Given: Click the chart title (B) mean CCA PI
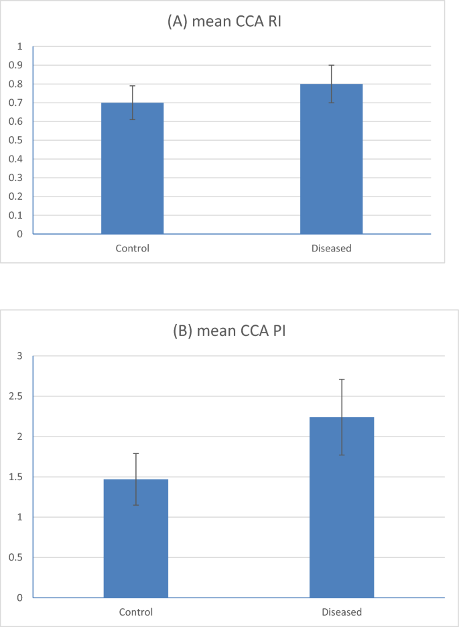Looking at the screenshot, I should click(229, 331).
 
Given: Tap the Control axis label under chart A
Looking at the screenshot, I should click(132, 249).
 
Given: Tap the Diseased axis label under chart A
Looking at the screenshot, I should click(331, 249).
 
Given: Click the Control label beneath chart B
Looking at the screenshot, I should click(136, 612).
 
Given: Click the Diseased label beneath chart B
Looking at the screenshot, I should click(342, 612).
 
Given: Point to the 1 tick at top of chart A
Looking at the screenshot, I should click(20, 46).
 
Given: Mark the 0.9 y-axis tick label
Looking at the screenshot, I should click(16, 65).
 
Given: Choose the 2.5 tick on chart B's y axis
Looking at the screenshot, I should click(16, 396).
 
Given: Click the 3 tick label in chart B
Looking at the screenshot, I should click(20, 356).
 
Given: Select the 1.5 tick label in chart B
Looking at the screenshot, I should click(16, 477).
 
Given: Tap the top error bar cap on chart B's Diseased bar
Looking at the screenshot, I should click(342, 379).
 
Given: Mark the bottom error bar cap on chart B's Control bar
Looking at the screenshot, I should click(136, 505).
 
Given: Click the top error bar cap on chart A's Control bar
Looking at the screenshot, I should click(132, 86).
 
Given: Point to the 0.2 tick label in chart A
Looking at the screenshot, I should click(16, 196).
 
